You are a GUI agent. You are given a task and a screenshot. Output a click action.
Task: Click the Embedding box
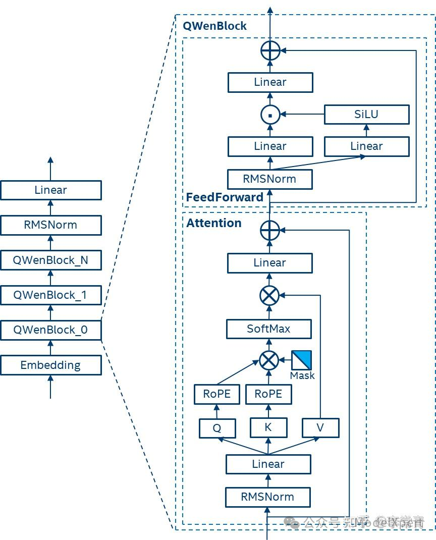point(50,365)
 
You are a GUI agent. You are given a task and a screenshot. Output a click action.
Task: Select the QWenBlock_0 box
point(50,330)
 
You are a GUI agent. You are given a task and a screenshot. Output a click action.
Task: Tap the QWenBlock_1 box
point(50,295)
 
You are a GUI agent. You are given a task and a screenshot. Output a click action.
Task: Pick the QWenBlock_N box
point(50,260)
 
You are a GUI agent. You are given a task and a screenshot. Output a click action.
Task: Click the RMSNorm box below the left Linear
point(50,225)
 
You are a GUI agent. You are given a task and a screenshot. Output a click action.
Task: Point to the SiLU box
point(366,114)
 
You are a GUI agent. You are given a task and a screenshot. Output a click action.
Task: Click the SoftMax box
point(268,329)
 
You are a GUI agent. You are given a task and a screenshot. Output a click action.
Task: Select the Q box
point(217,428)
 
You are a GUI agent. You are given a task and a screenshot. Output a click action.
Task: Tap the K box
point(268,427)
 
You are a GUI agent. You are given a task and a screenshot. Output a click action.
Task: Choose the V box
point(320,428)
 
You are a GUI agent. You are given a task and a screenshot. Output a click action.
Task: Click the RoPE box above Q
point(217,394)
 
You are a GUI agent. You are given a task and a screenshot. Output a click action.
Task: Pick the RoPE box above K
point(268,394)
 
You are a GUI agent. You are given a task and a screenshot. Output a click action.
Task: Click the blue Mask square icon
point(301,360)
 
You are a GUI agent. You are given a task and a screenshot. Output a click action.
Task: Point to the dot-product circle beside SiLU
point(270,115)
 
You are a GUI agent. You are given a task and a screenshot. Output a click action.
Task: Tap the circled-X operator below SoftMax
point(269,360)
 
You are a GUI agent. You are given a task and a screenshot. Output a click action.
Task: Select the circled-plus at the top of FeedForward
point(270,50)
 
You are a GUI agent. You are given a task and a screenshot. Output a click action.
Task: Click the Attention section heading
point(214,223)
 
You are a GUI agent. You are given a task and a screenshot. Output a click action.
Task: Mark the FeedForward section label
point(225,197)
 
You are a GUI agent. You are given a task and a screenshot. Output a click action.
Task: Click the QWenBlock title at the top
point(214,26)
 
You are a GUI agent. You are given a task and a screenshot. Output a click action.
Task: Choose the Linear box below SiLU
point(366,146)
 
